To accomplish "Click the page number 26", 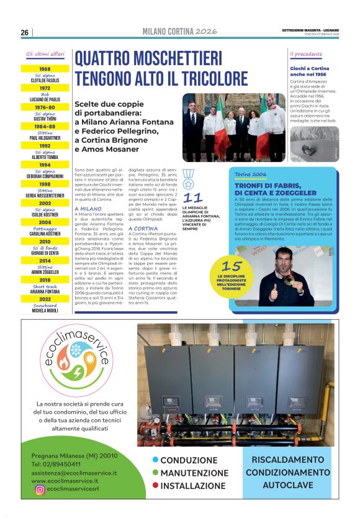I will click(x=24, y=32).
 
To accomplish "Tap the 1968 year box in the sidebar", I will click(x=45, y=69).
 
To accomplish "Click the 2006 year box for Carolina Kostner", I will click(x=45, y=222).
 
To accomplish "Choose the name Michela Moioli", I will click(x=45, y=311).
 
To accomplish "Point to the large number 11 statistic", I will click(x=193, y=198).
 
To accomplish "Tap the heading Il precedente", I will click(x=307, y=55).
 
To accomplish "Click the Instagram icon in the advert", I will click(x=40, y=489).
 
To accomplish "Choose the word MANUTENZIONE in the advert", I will click(x=192, y=473).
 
